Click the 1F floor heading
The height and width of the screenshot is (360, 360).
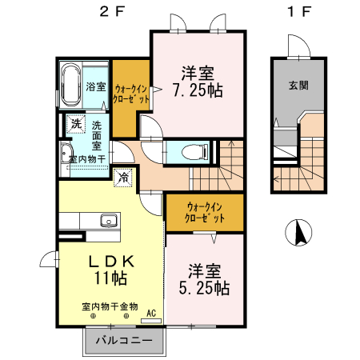pos(299,13)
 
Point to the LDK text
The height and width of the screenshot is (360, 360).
pos(110,261)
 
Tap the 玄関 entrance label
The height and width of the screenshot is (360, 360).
pos(300,86)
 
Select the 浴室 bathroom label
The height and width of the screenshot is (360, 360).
pos(96,86)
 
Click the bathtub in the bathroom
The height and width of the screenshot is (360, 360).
pos(69,83)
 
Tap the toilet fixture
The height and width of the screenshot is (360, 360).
pos(192,150)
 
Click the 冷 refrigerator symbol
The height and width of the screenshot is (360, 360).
pos(124,178)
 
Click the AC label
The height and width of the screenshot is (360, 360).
pos(150,314)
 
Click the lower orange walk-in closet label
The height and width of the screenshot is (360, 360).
pos(206,212)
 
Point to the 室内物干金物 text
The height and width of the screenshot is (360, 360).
pos(110,306)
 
